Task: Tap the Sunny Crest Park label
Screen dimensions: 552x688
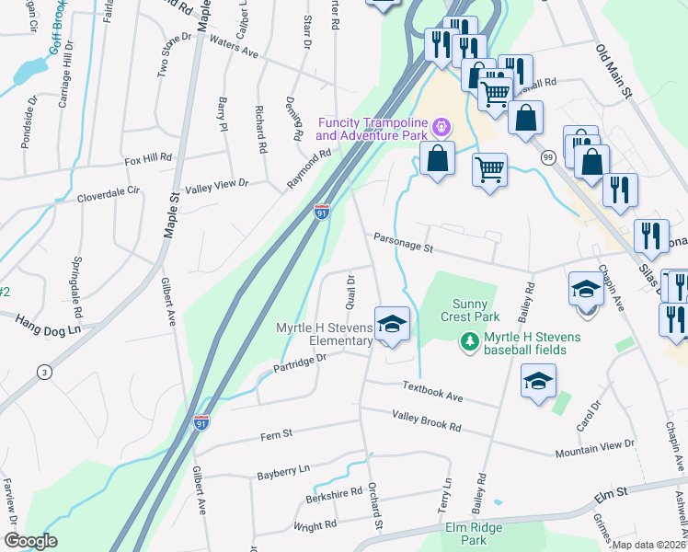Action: [x=474, y=310]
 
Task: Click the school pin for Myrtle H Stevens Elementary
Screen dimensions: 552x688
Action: [x=391, y=326]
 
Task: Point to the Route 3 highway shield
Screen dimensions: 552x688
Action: [x=43, y=372]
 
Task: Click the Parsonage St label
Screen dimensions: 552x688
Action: [x=402, y=243]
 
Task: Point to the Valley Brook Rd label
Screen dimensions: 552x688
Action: [x=426, y=422]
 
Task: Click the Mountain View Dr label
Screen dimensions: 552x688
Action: [x=594, y=448]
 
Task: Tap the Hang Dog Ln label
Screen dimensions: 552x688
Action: [x=49, y=323]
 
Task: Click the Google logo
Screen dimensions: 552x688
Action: [x=30, y=540]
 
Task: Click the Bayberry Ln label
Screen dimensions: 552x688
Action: [x=284, y=471]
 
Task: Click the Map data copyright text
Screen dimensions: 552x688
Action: [x=649, y=546]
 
